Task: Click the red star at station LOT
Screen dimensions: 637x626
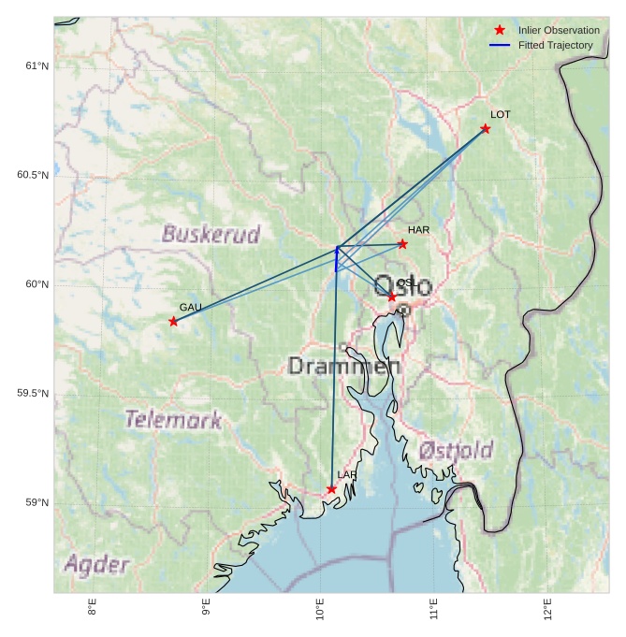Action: click(485, 129)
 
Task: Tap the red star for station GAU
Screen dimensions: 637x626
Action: click(173, 322)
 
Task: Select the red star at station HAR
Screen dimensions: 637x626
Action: click(402, 244)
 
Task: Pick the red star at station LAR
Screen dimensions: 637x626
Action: click(331, 489)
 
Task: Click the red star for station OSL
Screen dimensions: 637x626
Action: click(392, 297)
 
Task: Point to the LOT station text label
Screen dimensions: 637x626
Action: click(501, 115)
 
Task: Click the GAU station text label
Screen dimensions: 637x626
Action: click(191, 308)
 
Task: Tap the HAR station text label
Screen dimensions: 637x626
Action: click(418, 230)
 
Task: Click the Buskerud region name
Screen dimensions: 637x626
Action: click(211, 234)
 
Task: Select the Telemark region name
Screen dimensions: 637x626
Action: click(173, 419)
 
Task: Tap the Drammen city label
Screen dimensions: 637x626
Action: click(344, 366)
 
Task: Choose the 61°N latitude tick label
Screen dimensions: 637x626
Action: click(36, 65)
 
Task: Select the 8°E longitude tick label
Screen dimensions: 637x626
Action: click(92, 612)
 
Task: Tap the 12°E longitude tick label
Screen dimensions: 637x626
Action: click(548, 612)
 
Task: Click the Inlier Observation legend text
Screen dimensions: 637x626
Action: click(559, 31)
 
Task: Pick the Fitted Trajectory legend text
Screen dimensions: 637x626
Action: click(555, 46)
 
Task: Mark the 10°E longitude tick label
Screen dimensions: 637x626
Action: click(320, 614)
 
